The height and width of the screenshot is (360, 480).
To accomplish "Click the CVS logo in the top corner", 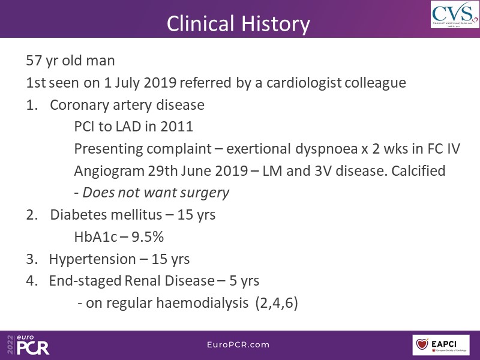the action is (x=455, y=14).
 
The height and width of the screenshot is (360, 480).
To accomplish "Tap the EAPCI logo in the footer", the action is (x=441, y=345).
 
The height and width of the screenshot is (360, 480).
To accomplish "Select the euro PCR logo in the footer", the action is (x=28, y=344).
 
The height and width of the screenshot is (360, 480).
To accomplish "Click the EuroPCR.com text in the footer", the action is (x=238, y=344).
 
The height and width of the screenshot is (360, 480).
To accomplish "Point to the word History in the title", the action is (x=275, y=24).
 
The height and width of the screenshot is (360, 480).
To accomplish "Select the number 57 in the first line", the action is (x=34, y=61).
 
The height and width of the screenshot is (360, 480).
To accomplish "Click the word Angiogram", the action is (x=109, y=171).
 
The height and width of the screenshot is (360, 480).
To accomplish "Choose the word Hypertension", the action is (x=92, y=259).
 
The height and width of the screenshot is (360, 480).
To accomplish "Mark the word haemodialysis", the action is (x=202, y=303).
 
